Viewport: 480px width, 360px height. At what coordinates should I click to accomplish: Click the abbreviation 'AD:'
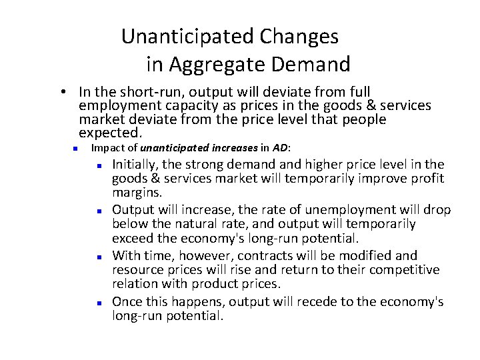[280, 148]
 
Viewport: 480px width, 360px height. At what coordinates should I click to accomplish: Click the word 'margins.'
[137, 192]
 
